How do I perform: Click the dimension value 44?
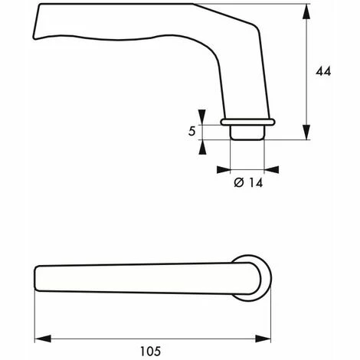[323, 71]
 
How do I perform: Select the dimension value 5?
[191, 131]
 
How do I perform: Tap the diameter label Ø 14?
[248, 183]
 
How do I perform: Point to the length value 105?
[150, 351]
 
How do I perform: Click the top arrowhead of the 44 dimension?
[306, 11]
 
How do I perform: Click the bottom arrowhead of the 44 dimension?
[306, 132]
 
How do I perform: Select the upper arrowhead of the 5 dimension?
[202, 117]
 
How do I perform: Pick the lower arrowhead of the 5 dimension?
[202, 147]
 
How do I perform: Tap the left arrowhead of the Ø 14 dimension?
[224, 169]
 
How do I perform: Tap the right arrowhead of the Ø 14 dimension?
[271, 169]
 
